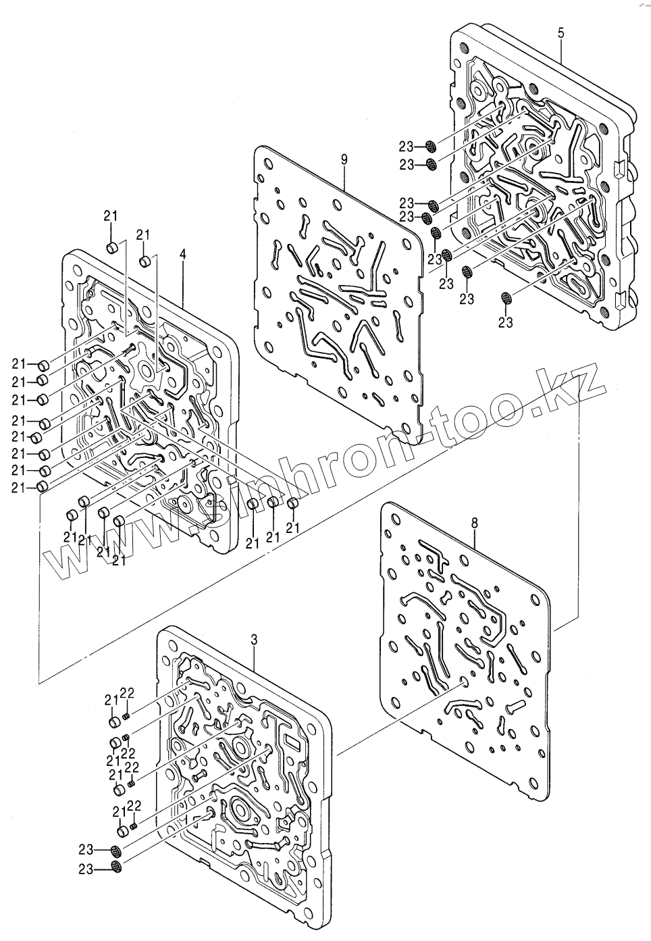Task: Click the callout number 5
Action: [562, 31]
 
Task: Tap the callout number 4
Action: [183, 255]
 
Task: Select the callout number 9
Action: [344, 159]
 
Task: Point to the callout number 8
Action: [474, 522]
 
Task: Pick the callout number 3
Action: [253, 639]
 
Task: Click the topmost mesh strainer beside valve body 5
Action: [432, 147]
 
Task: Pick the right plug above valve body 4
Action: [145, 261]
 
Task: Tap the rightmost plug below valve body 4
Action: [293, 504]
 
